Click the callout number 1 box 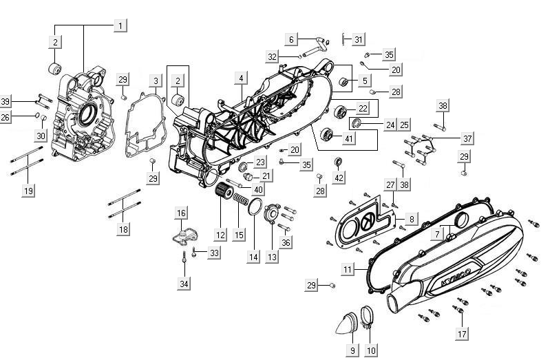pos(120,25)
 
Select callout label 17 pos(461,334)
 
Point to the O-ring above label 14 pos(253,207)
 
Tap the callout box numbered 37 pos(467,139)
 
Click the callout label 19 pos(28,191)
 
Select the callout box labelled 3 pos(156,81)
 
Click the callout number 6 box pos(291,39)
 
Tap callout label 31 pos(358,39)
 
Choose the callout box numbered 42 pos(339,178)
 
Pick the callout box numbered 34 pos(184,283)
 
